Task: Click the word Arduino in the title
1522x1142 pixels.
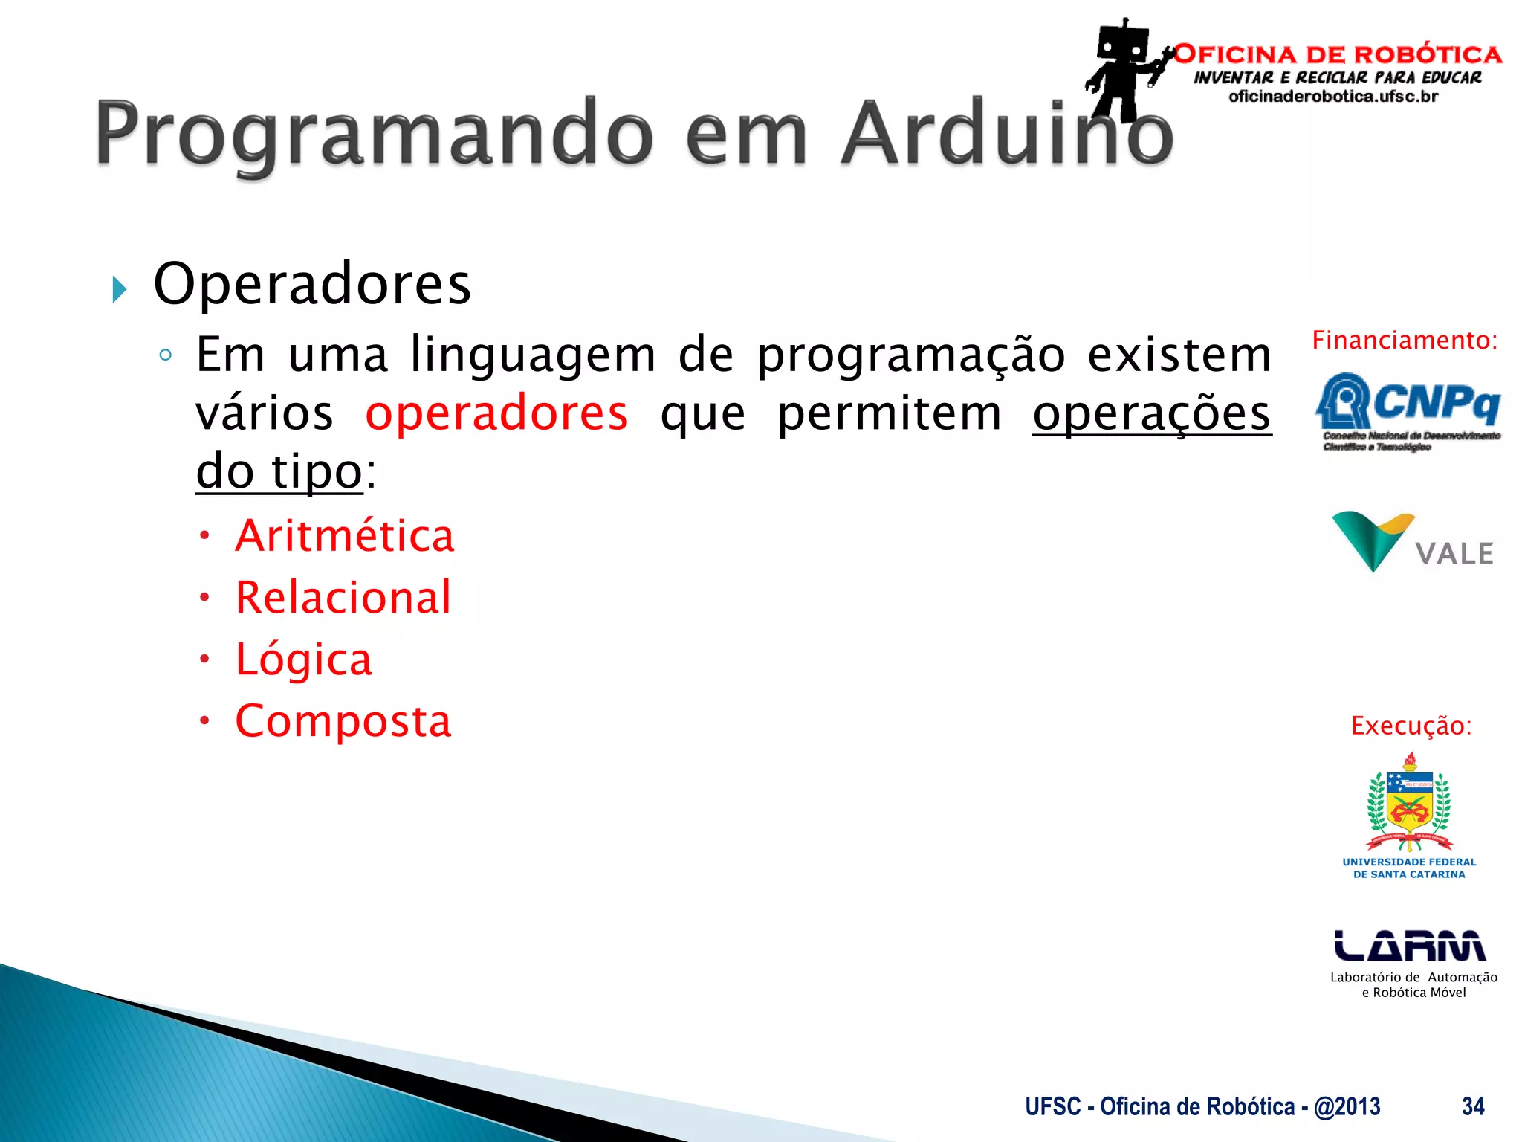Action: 1007,134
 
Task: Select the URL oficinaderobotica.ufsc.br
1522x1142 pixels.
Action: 1333,97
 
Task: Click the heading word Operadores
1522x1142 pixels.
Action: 312,284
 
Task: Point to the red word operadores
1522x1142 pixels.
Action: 496,413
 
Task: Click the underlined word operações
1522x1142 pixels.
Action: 1152,413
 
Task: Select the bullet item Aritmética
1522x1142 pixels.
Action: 344,535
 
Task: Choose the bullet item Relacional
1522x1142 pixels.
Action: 343,597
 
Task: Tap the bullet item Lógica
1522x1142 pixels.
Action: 303,659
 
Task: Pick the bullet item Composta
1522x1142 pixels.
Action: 343,721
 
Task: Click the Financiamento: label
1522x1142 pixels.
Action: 1405,341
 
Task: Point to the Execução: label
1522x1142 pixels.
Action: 1411,726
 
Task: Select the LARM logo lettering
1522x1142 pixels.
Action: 1409,946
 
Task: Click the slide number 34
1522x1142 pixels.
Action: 1472,1106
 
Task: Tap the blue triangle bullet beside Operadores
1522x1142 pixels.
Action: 119,289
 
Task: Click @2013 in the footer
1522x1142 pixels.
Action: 1347,1106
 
